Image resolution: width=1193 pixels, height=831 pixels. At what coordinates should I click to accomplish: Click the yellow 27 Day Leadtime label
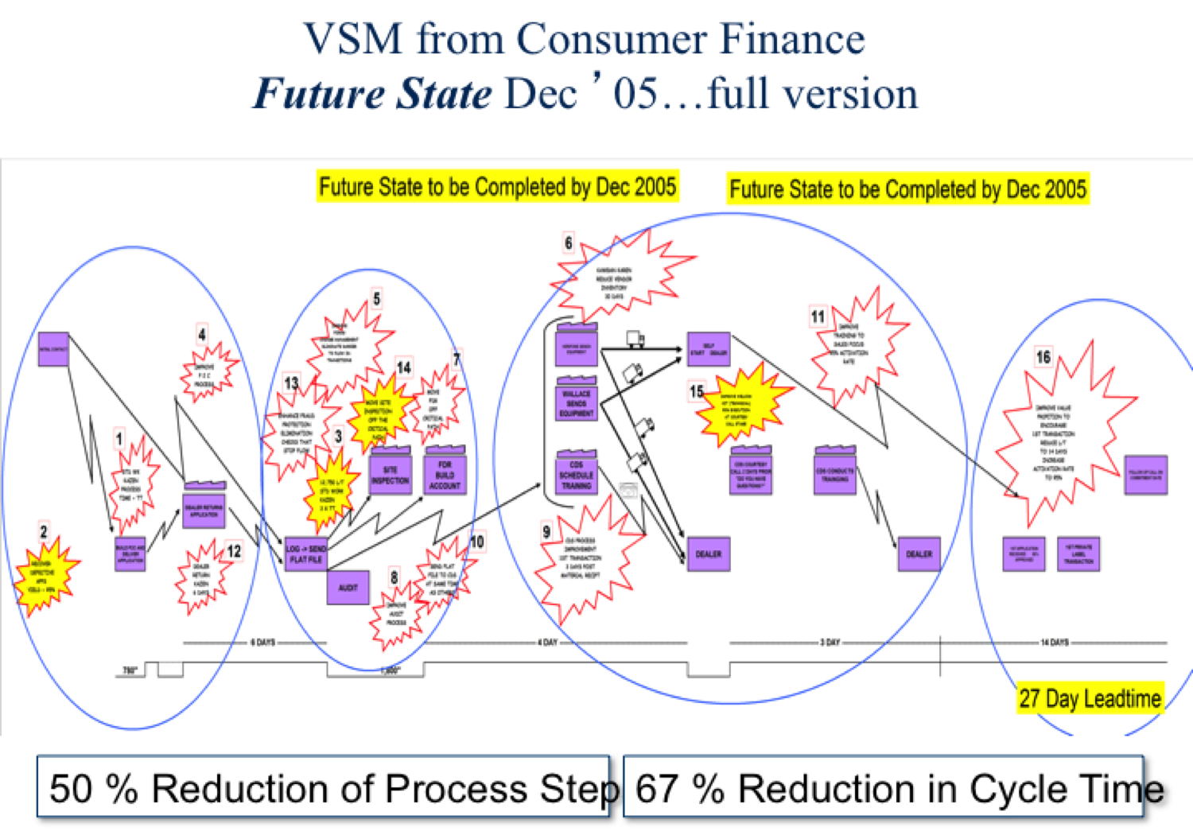pos(1090,698)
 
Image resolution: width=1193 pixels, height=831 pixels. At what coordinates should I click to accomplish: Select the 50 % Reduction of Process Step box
pos(324,787)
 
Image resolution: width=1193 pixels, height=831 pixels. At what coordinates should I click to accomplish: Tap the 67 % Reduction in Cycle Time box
pos(883,787)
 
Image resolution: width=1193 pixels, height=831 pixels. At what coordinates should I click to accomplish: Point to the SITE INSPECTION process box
pos(391,475)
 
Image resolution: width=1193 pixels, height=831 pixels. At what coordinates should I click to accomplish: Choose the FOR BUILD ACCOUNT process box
pos(445,474)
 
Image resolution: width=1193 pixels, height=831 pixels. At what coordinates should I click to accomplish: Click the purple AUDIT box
pos(348,588)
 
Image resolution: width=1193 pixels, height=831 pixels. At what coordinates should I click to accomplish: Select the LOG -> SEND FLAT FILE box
pos(306,554)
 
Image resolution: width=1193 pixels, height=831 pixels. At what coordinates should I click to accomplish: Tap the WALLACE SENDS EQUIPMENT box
pos(577,402)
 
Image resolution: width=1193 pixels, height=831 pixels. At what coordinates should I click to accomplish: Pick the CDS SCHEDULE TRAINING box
pos(577,475)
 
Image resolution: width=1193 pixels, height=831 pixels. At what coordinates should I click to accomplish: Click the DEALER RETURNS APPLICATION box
pos(204,510)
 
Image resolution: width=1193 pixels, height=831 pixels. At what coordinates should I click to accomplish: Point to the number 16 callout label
pos(1043,357)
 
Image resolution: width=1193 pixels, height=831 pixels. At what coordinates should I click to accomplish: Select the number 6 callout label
pos(568,243)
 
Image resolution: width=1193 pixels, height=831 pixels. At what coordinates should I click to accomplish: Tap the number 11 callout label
pos(818,316)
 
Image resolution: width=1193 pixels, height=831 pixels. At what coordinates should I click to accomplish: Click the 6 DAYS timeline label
pos(262,642)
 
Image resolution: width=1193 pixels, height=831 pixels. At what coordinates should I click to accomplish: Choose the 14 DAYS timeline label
pos(1055,642)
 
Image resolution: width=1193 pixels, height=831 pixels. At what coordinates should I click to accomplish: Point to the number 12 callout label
pos(234,551)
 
